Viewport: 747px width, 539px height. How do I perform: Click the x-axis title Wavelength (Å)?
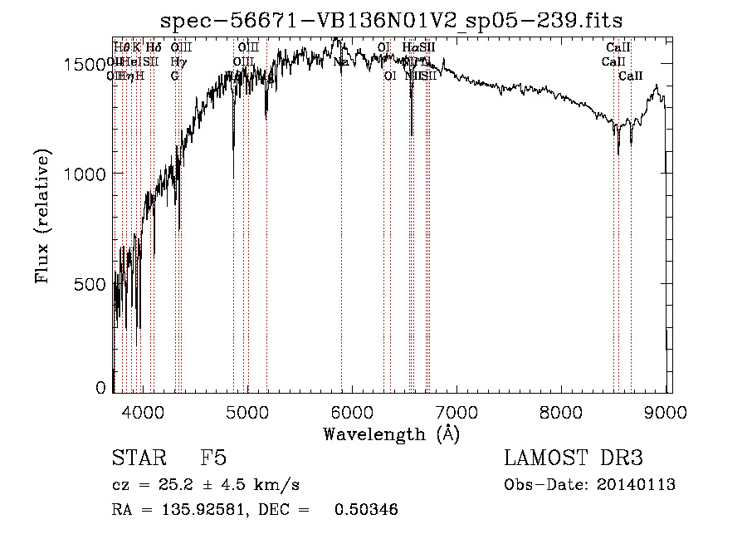(391, 434)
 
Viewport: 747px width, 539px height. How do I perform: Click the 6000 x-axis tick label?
(352, 411)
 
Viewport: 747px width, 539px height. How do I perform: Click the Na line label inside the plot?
(341, 62)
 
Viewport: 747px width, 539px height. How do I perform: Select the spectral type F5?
(212, 458)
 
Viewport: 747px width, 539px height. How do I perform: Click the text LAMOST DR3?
(574, 458)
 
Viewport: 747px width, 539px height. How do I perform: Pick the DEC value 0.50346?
(365, 510)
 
